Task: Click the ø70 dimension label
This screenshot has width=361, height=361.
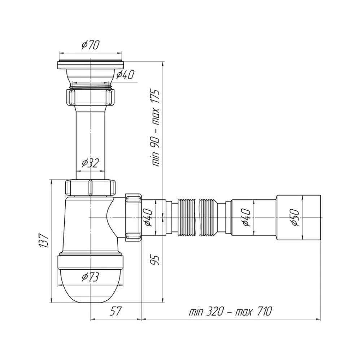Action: pos(91,45)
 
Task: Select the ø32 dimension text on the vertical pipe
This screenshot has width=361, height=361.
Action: pos(91,163)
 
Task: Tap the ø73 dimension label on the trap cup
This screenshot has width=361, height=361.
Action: pos(90,277)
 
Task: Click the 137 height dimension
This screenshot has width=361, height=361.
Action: pos(44,241)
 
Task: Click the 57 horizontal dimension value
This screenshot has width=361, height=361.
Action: pos(115,311)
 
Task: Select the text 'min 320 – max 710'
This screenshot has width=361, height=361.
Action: pos(230,312)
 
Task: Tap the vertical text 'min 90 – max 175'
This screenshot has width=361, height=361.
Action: pos(156,128)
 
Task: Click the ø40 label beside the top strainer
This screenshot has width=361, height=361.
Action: pos(125,75)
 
